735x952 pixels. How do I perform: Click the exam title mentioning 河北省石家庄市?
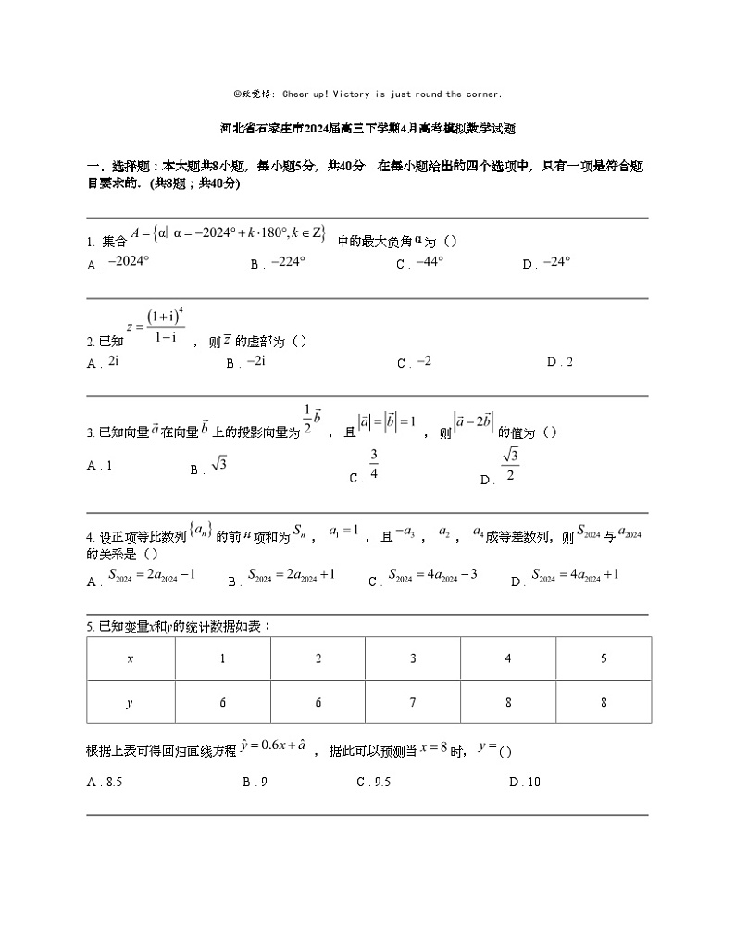pos(367,130)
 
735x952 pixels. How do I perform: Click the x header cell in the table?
pos(131,658)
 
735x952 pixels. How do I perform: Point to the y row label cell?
pos(131,702)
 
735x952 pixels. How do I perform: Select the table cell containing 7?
pos(413,702)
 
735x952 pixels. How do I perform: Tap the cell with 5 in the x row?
pos(604,658)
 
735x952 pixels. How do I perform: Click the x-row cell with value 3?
pos(413,658)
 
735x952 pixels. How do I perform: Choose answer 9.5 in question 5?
pos(380,783)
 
